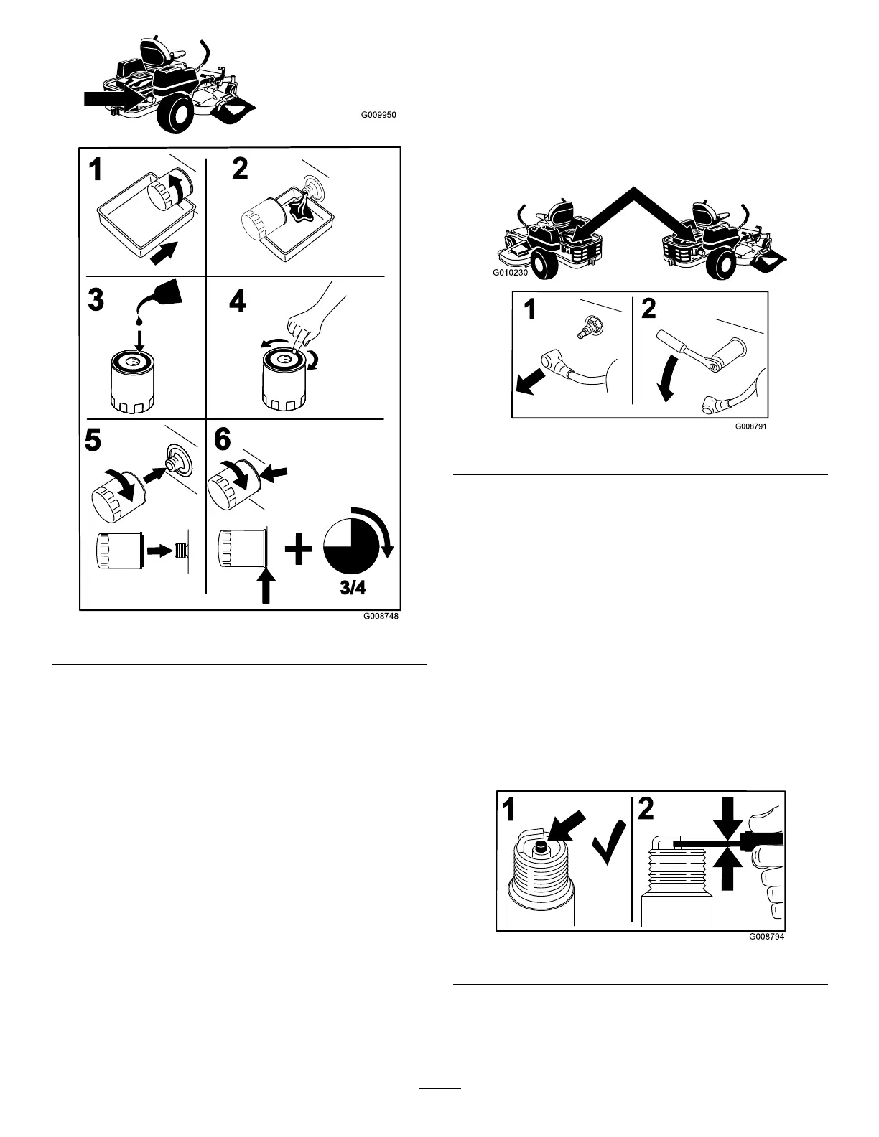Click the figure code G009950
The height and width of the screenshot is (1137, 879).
(x=378, y=115)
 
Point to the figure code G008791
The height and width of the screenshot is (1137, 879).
(x=751, y=425)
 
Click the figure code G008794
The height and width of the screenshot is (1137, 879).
(x=766, y=937)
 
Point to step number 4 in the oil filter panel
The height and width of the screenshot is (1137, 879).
(x=238, y=302)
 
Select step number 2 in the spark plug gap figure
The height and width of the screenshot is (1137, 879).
(x=646, y=810)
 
